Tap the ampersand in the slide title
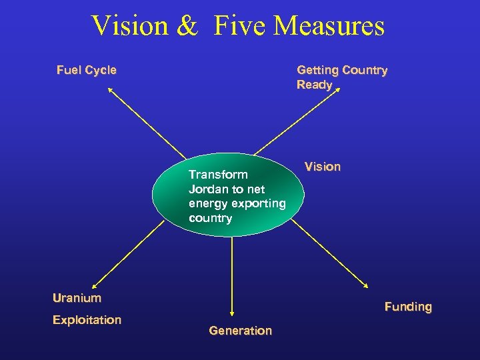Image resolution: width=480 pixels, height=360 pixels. [x=188, y=26]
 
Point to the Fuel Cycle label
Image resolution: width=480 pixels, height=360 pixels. [x=86, y=70]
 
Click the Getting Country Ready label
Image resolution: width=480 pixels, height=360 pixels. [x=341, y=77]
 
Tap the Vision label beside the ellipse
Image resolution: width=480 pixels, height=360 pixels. [x=322, y=167]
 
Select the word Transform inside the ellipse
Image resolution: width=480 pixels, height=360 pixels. [x=218, y=175]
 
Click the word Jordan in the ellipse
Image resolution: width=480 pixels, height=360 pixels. [x=207, y=189]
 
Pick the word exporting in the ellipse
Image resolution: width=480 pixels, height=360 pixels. [x=261, y=203]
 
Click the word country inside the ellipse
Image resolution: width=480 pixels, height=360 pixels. [x=210, y=218]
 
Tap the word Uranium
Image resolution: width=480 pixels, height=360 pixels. [x=77, y=298]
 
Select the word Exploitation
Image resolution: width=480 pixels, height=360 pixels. [x=87, y=320]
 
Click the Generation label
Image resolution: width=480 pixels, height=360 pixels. [x=240, y=331]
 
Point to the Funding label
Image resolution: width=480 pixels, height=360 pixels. [x=408, y=307]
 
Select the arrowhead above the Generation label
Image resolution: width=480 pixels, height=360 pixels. [x=231, y=311]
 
